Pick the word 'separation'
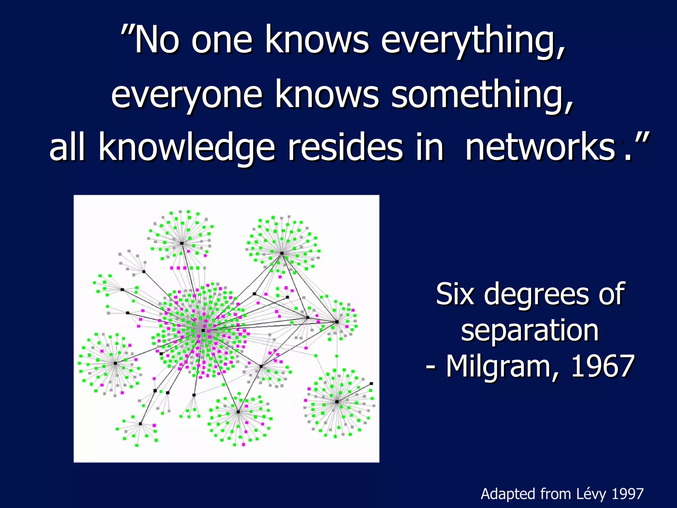point(530,331)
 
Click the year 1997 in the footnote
point(627,494)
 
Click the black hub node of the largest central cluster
point(203,330)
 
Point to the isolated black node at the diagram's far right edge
point(371,384)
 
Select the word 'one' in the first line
point(222,41)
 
